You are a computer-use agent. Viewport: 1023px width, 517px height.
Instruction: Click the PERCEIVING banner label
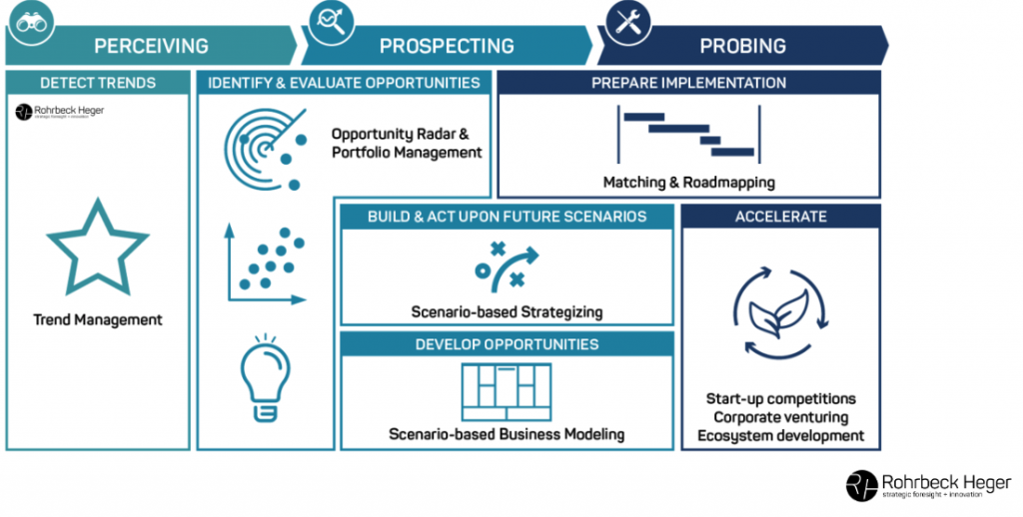(x=151, y=46)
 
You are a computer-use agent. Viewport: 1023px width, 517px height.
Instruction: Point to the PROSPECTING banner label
(x=447, y=46)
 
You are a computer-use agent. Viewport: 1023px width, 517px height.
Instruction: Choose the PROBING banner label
(x=742, y=46)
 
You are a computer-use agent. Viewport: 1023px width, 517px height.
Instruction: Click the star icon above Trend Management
(x=98, y=247)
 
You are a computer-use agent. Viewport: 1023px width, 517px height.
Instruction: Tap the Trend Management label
(x=98, y=320)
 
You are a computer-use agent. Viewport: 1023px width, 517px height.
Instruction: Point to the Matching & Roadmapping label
(x=688, y=183)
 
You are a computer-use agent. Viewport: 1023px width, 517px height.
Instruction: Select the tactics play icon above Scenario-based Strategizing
(x=507, y=265)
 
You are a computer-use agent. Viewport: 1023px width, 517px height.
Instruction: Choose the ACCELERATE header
(x=780, y=217)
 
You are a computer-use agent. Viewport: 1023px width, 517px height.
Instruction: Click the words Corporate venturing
(x=780, y=417)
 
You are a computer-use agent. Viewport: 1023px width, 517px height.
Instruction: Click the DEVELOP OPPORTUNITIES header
(x=507, y=344)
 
